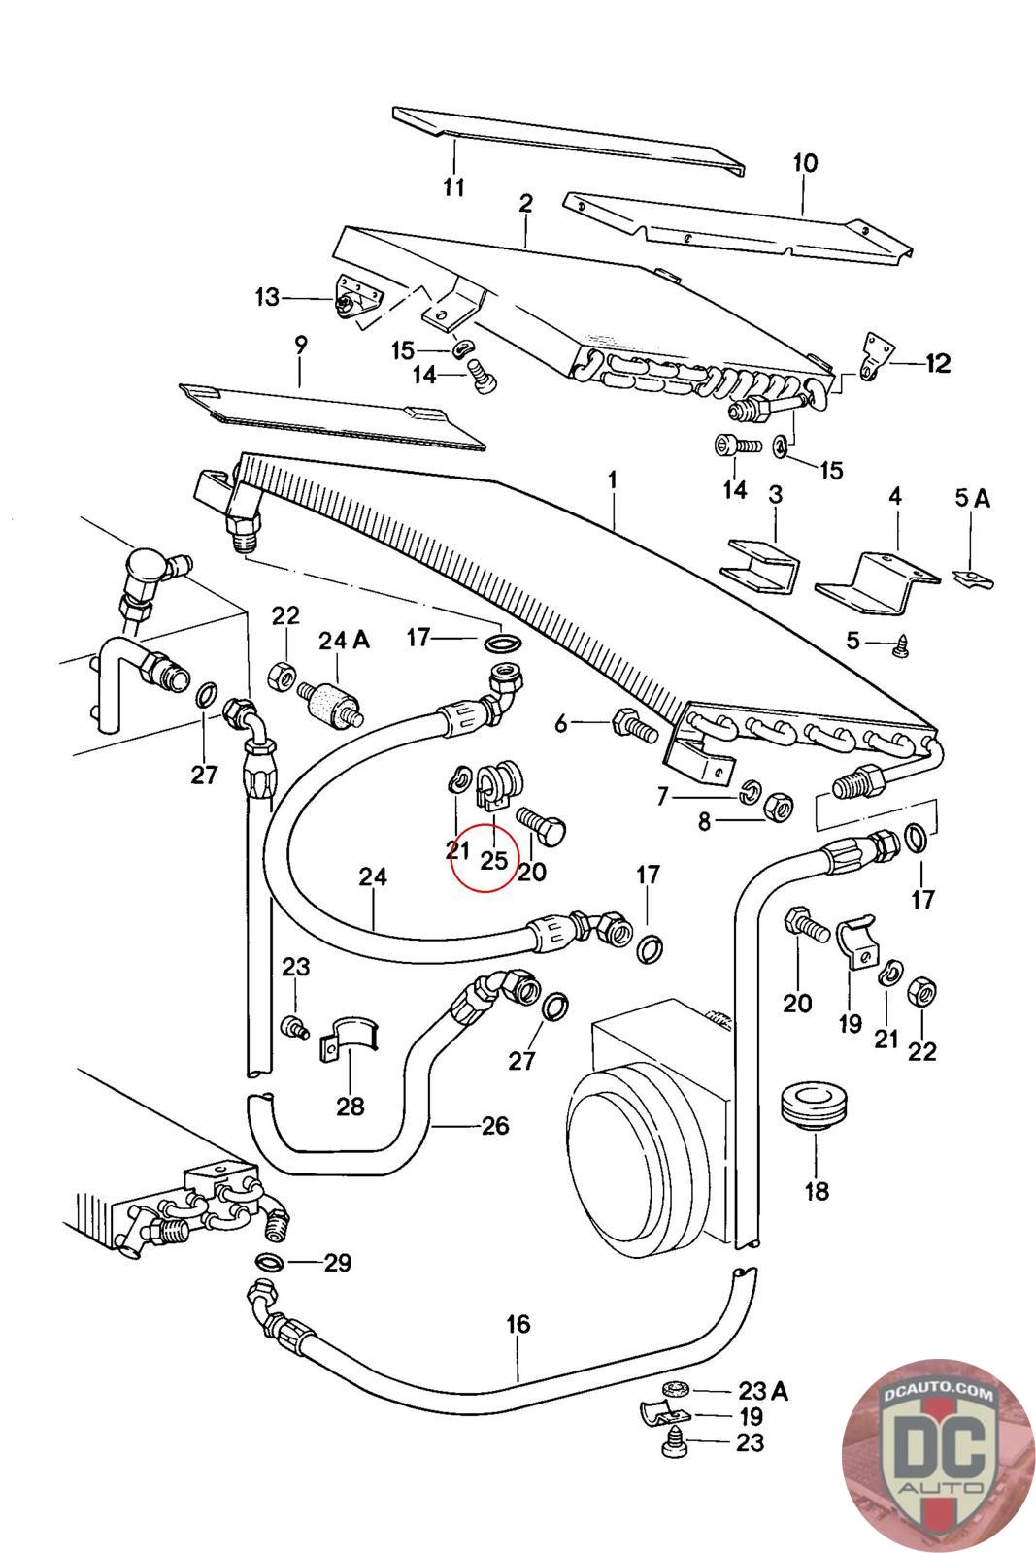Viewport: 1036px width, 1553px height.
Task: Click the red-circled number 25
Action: tap(493, 860)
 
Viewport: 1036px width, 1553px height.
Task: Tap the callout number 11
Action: tap(454, 186)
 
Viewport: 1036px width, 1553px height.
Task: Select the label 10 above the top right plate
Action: tap(805, 163)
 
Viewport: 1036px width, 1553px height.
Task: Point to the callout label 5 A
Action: tap(972, 499)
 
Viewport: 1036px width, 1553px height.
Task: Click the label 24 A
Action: tap(345, 641)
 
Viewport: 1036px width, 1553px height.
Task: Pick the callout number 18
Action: tap(817, 1190)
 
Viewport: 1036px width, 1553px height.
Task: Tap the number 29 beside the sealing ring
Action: tap(337, 1263)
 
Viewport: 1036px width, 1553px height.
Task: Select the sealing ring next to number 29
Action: tap(269, 1262)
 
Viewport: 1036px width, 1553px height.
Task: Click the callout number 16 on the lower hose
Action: tap(518, 1324)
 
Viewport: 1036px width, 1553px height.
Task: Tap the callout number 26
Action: tap(495, 1126)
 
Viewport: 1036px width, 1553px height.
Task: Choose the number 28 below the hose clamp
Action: tap(350, 1105)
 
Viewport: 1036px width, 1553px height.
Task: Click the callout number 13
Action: tap(267, 297)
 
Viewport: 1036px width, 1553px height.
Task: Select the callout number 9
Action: tap(300, 345)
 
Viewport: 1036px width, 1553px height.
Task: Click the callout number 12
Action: tap(938, 364)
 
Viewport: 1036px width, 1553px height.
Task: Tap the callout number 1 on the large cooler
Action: tap(613, 480)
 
